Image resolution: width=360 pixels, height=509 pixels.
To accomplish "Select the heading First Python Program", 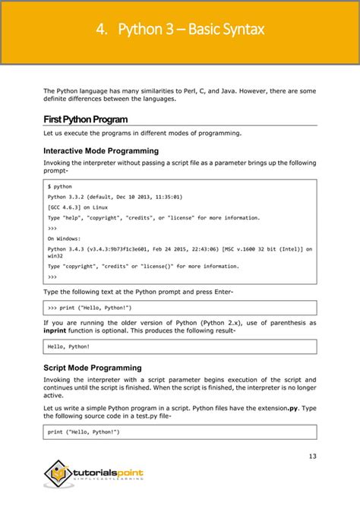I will (85, 119).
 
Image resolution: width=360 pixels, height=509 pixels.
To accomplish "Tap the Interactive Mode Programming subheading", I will (101, 150).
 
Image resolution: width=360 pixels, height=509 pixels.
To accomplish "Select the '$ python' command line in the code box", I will (60, 186).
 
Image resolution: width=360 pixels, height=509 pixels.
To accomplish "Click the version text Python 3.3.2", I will (68, 197).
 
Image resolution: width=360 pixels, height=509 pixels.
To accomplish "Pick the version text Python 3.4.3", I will (68, 248).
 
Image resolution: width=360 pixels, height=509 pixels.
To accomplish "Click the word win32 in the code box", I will (56, 256).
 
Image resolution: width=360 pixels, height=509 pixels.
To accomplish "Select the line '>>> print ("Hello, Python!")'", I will (90, 308).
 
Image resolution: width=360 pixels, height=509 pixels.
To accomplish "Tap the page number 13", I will (312, 456).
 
